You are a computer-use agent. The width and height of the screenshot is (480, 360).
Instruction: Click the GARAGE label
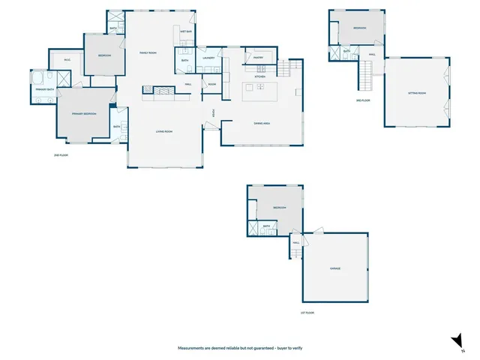[x=335, y=268]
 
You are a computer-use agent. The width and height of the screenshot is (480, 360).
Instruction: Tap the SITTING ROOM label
[x=417, y=93]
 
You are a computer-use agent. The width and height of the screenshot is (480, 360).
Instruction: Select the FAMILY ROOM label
[x=148, y=52]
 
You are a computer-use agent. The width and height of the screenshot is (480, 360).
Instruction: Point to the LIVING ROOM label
[x=165, y=132]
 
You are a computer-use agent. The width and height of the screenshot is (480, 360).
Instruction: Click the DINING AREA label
[x=262, y=123]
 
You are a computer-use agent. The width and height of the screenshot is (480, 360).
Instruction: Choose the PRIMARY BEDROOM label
[x=84, y=113]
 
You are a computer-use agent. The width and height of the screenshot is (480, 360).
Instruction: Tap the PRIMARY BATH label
[x=45, y=90]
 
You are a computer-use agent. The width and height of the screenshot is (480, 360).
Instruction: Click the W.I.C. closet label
[x=67, y=60]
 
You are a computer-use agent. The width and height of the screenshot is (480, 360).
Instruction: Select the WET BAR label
[x=187, y=31]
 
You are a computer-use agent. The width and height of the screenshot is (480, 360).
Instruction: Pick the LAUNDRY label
[x=209, y=58]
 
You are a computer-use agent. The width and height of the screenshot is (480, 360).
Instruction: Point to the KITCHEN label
[x=259, y=76]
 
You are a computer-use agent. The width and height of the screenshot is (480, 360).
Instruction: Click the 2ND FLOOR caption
[x=61, y=155]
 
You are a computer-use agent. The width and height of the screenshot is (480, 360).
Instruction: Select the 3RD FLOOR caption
[x=363, y=100]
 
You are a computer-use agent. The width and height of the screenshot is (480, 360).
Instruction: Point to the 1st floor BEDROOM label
[x=280, y=208]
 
